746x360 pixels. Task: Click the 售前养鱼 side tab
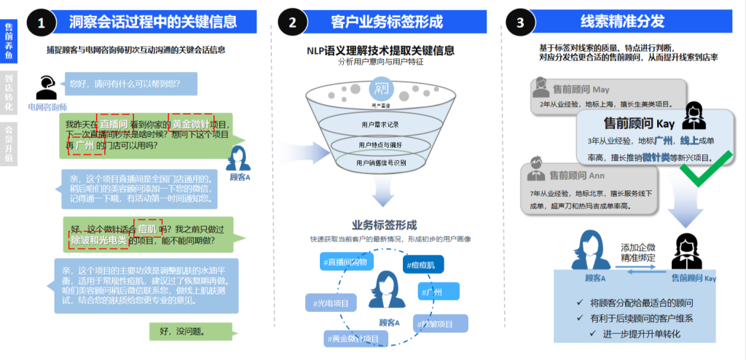(8, 41)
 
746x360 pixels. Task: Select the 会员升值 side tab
(8, 143)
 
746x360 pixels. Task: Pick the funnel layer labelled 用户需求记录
(380, 125)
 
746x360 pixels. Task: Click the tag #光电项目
(334, 302)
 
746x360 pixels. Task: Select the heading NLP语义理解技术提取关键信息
(380, 50)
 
